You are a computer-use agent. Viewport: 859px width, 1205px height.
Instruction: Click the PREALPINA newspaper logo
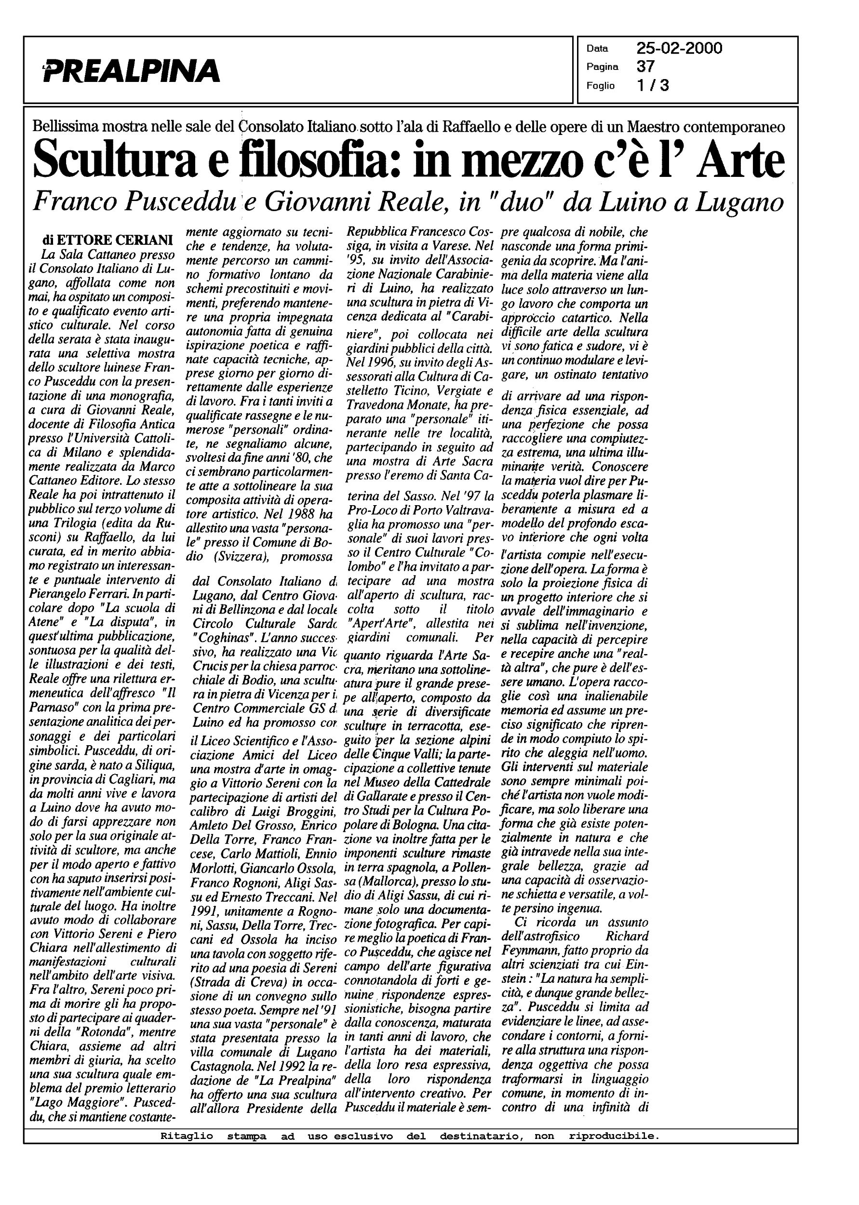point(132,70)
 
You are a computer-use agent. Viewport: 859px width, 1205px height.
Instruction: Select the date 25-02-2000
point(679,49)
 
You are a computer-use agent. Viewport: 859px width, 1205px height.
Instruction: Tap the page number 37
point(645,67)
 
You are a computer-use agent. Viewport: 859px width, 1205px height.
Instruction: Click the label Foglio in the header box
point(600,86)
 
